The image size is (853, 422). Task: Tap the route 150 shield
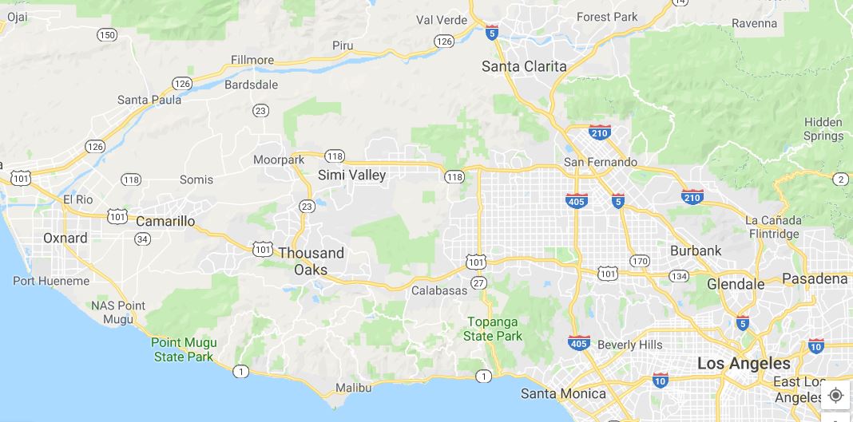click(107, 34)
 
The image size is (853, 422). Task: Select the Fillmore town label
click(252, 60)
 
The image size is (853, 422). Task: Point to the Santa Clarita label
click(524, 66)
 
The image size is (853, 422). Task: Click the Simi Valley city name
click(351, 175)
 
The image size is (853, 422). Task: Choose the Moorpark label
click(279, 160)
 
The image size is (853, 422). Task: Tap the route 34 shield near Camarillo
click(143, 239)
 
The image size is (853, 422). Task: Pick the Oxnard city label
click(65, 238)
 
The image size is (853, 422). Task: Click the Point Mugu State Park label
click(184, 349)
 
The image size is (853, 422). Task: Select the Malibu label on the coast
click(353, 388)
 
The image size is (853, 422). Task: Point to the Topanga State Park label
click(493, 329)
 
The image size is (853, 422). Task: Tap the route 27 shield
click(478, 282)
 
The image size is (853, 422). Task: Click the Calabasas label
click(439, 290)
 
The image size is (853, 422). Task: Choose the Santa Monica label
click(563, 393)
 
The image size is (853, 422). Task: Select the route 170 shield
click(639, 260)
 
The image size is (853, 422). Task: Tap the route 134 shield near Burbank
click(679, 276)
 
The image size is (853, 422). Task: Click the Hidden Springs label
click(823, 129)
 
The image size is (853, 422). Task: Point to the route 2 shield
click(840, 179)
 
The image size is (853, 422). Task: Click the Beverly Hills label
click(629, 345)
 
